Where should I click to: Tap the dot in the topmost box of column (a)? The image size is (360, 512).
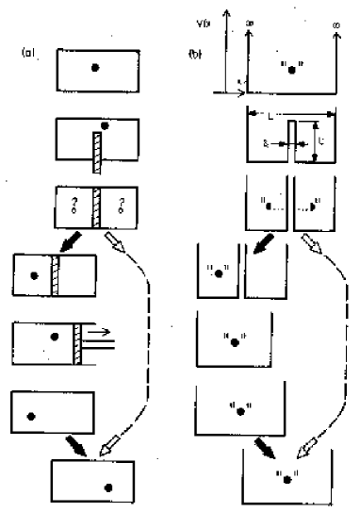(x=98, y=67)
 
